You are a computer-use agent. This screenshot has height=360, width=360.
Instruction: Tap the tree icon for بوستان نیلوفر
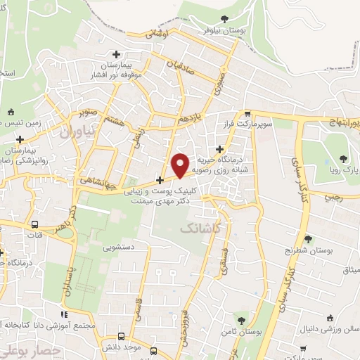224,20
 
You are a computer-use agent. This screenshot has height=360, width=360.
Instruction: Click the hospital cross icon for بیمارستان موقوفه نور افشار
116,54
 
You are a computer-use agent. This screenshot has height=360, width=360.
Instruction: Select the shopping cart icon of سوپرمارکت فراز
247,114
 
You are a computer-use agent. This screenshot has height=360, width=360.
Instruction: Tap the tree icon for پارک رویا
342,159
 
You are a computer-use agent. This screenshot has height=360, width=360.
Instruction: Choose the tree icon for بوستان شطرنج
308,240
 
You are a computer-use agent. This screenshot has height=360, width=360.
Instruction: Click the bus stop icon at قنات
35,224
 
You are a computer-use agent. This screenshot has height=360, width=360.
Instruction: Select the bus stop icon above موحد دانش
122,337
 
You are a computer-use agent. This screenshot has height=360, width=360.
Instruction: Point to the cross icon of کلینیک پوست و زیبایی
160,180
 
